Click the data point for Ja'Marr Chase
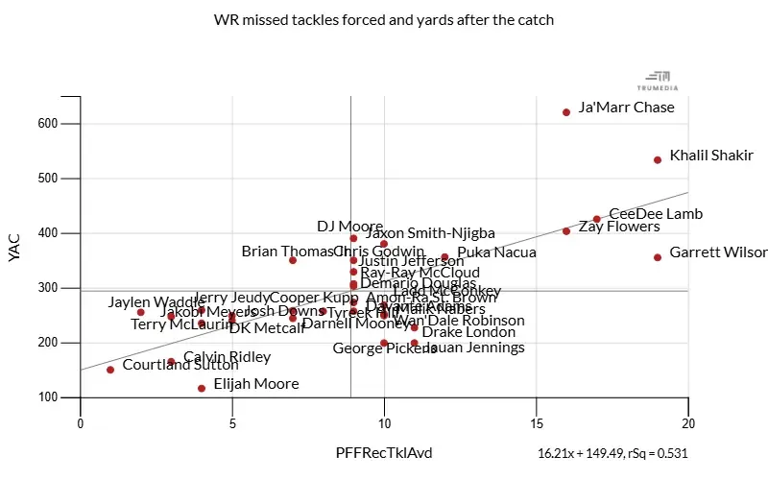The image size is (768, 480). point(566,112)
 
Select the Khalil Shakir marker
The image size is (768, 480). point(658,160)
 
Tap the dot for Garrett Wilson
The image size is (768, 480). point(658,257)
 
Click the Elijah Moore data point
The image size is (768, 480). point(202,389)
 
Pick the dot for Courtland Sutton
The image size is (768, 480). point(110,370)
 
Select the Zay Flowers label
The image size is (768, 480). point(619,228)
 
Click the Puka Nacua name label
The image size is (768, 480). point(496,253)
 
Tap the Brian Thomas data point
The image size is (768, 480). point(293,260)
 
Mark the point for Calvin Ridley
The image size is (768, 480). point(171,362)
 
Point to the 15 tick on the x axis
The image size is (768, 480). point(536,422)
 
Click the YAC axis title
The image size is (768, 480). point(13,247)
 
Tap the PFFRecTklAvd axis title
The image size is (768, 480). point(383,452)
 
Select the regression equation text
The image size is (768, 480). point(612,453)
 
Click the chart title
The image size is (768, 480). point(384,19)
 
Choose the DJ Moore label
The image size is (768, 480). point(350,227)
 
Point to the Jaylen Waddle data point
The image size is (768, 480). point(141,312)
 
